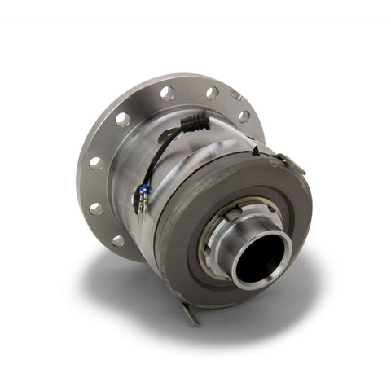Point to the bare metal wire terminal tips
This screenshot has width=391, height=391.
pos(140,213)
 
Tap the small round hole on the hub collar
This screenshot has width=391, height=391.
pos(213,236)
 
